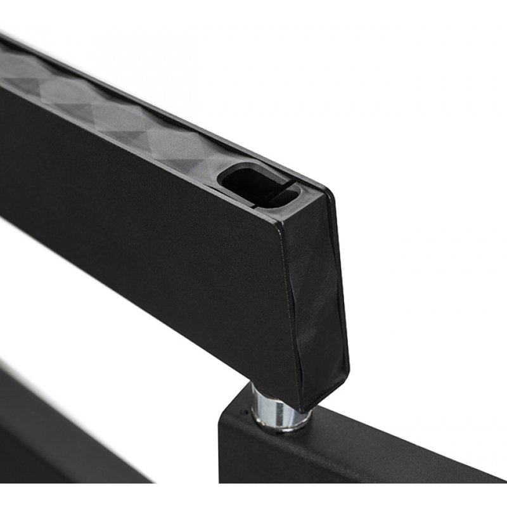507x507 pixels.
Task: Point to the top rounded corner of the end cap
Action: click(327, 191)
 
